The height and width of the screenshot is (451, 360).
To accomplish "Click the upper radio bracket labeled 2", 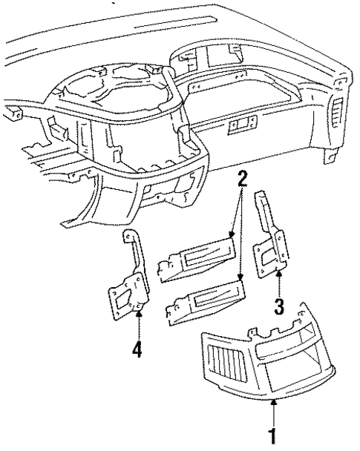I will [198, 260].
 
